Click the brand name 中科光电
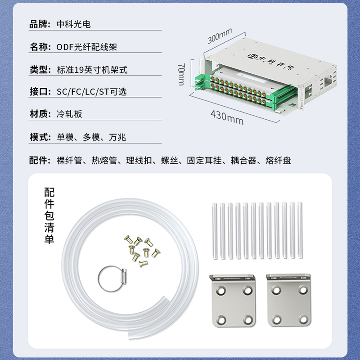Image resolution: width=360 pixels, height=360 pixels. (x=74, y=24)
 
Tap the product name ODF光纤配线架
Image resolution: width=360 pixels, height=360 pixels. (x=86, y=47)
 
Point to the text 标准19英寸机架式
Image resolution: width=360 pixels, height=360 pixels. (x=92, y=70)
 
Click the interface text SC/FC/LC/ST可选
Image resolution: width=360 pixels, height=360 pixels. (x=92, y=92)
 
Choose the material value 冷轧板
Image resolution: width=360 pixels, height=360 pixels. (x=69, y=114)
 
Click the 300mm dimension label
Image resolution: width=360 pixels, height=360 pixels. (x=220, y=36)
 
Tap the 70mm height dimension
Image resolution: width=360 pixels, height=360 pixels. (x=181, y=74)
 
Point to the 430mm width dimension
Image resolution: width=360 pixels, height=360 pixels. (x=227, y=117)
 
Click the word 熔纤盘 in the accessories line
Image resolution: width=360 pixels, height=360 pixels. (x=278, y=160)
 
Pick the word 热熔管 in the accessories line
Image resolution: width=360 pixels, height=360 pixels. (x=104, y=160)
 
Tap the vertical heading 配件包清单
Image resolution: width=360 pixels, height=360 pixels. (x=49, y=216)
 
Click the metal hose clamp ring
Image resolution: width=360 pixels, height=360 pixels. (x=112, y=279)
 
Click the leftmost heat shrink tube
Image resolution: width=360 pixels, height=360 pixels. (x=215, y=231)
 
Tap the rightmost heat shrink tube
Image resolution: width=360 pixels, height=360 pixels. (x=300, y=230)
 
